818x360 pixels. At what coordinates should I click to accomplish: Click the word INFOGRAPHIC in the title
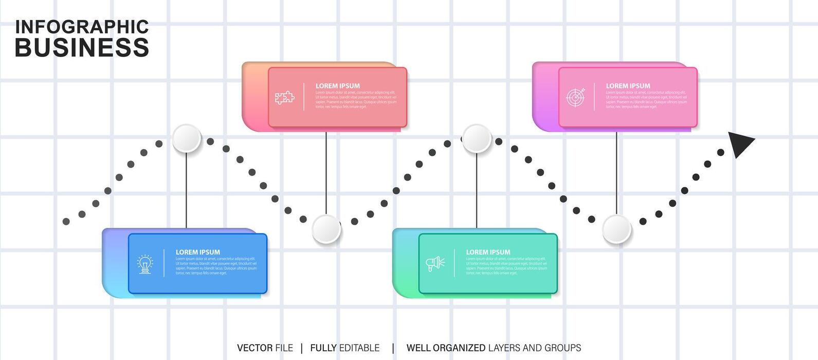coord(82,27)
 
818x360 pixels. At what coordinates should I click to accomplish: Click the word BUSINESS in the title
coord(82,48)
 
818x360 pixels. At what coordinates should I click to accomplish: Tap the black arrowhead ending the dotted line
coord(740,144)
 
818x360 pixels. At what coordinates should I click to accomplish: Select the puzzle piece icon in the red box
coord(284,97)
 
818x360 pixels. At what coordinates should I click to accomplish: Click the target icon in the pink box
coord(575,97)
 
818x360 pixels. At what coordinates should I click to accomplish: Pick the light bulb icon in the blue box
coord(145,264)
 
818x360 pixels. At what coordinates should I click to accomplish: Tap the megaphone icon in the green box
coord(435,264)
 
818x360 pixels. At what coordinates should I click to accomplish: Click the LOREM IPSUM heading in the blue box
coord(198,252)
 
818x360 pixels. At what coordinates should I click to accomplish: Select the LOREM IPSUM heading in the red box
coord(338,86)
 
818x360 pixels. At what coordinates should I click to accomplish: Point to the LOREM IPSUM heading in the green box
coord(488,252)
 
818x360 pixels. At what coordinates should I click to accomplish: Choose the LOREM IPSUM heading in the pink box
coord(628,86)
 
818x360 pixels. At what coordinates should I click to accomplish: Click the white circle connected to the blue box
coord(187,138)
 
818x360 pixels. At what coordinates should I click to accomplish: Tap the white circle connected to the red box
coord(326,229)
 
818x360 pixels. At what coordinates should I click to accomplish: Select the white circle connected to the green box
coord(477,138)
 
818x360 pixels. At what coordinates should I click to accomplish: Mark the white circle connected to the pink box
coord(616,229)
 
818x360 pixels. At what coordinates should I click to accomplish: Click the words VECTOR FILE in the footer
coord(265,348)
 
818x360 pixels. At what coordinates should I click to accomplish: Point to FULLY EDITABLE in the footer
coord(344,348)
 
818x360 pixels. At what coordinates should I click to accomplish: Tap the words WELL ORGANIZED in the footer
coord(446,348)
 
